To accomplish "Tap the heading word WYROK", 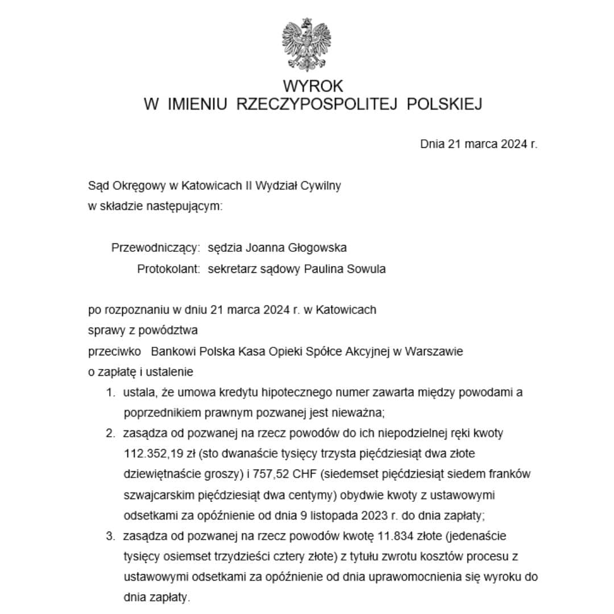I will pyautogui.click(x=313, y=86).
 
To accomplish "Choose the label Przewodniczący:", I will pyautogui.click(x=156, y=248).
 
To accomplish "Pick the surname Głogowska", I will pyautogui.click(x=319, y=248).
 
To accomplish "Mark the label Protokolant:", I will pyautogui.click(x=168, y=269).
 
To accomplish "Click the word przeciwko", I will pyautogui.click(x=115, y=351).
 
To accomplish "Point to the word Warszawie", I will pyautogui.click(x=434, y=351).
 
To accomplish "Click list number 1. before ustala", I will pyautogui.click(x=111, y=392).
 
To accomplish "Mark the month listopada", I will pyautogui.click(x=339, y=515).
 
